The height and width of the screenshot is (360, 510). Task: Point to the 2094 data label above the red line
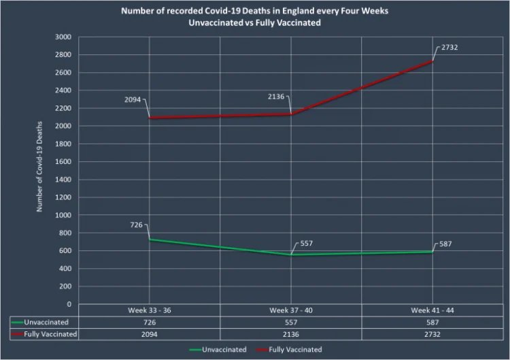pyautogui.click(x=132, y=99)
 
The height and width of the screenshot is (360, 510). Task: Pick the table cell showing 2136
pyautogui.click(x=291, y=334)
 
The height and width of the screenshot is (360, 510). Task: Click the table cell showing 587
pyautogui.click(x=432, y=322)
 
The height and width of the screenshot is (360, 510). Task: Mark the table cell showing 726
pyautogui.click(x=149, y=322)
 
